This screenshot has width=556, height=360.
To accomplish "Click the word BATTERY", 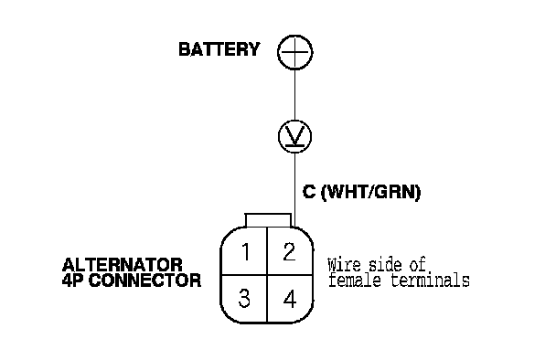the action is pyautogui.click(x=219, y=49).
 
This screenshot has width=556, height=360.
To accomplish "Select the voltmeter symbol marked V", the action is pyautogui.click(x=294, y=136).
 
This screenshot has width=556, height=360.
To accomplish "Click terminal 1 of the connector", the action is pyautogui.click(x=244, y=251).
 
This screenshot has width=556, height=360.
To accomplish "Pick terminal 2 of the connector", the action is pyautogui.click(x=290, y=251).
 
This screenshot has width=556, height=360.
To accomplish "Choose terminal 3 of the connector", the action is pyautogui.click(x=244, y=299).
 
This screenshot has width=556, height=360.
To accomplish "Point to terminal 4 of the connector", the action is pyautogui.click(x=290, y=299).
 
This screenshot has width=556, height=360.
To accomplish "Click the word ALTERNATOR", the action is pyautogui.click(x=123, y=265).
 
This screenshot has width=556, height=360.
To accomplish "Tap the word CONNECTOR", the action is pyautogui.click(x=144, y=281).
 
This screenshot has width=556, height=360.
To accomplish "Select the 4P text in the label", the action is pyautogui.click(x=73, y=281).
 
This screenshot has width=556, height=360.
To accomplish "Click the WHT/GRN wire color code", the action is pyautogui.click(x=370, y=192).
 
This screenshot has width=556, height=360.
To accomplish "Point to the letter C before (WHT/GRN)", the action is pyautogui.click(x=309, y=191).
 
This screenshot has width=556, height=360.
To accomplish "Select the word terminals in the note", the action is pyautogui.click(x=431, y=280).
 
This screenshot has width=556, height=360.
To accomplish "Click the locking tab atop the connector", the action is pyautogui.click(x=268, y=220).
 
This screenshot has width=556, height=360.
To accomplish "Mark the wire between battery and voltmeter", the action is pyautogui.click(x=294, y=95).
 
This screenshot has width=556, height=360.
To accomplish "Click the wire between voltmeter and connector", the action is pyautogui.click(x=294, y=190).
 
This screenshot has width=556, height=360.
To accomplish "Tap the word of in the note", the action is pyautogui.click(x=418, y=265).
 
